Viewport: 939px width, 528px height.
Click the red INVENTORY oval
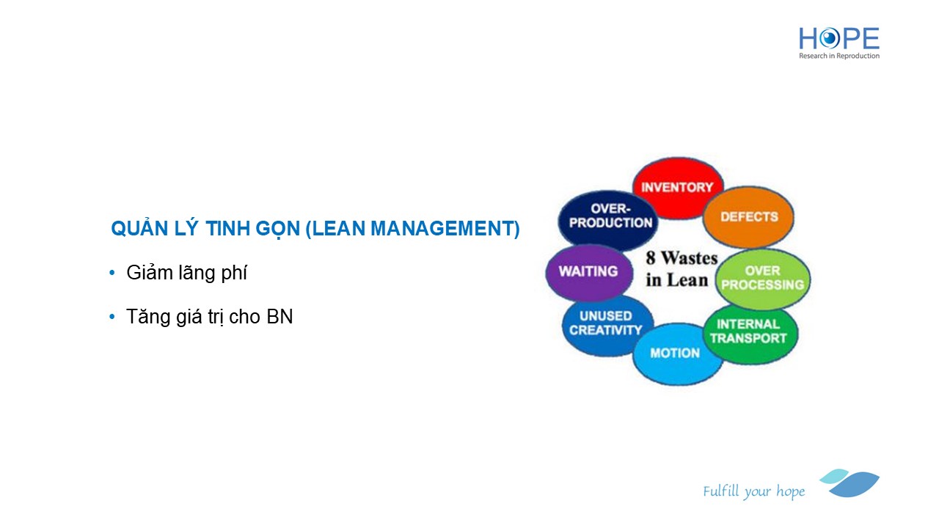678,188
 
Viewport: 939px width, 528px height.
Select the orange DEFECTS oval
749,217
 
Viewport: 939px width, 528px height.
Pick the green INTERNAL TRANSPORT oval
750,334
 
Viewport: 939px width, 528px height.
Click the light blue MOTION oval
677,353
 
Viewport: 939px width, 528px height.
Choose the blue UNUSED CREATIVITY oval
607,325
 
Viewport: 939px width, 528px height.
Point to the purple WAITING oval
589,272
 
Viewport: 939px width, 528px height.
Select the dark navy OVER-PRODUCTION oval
608,220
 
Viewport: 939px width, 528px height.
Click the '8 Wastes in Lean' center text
682,269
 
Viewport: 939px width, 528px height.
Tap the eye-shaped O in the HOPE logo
829,39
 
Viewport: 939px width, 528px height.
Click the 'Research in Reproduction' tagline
838,56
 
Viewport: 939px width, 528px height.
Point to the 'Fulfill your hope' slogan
753,491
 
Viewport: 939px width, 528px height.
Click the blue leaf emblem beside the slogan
850,483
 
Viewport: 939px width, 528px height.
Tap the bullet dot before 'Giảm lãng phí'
112,274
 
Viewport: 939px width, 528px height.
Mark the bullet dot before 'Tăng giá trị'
112,317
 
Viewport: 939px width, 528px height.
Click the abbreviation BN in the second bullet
279,317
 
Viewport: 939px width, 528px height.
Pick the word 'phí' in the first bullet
234,274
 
